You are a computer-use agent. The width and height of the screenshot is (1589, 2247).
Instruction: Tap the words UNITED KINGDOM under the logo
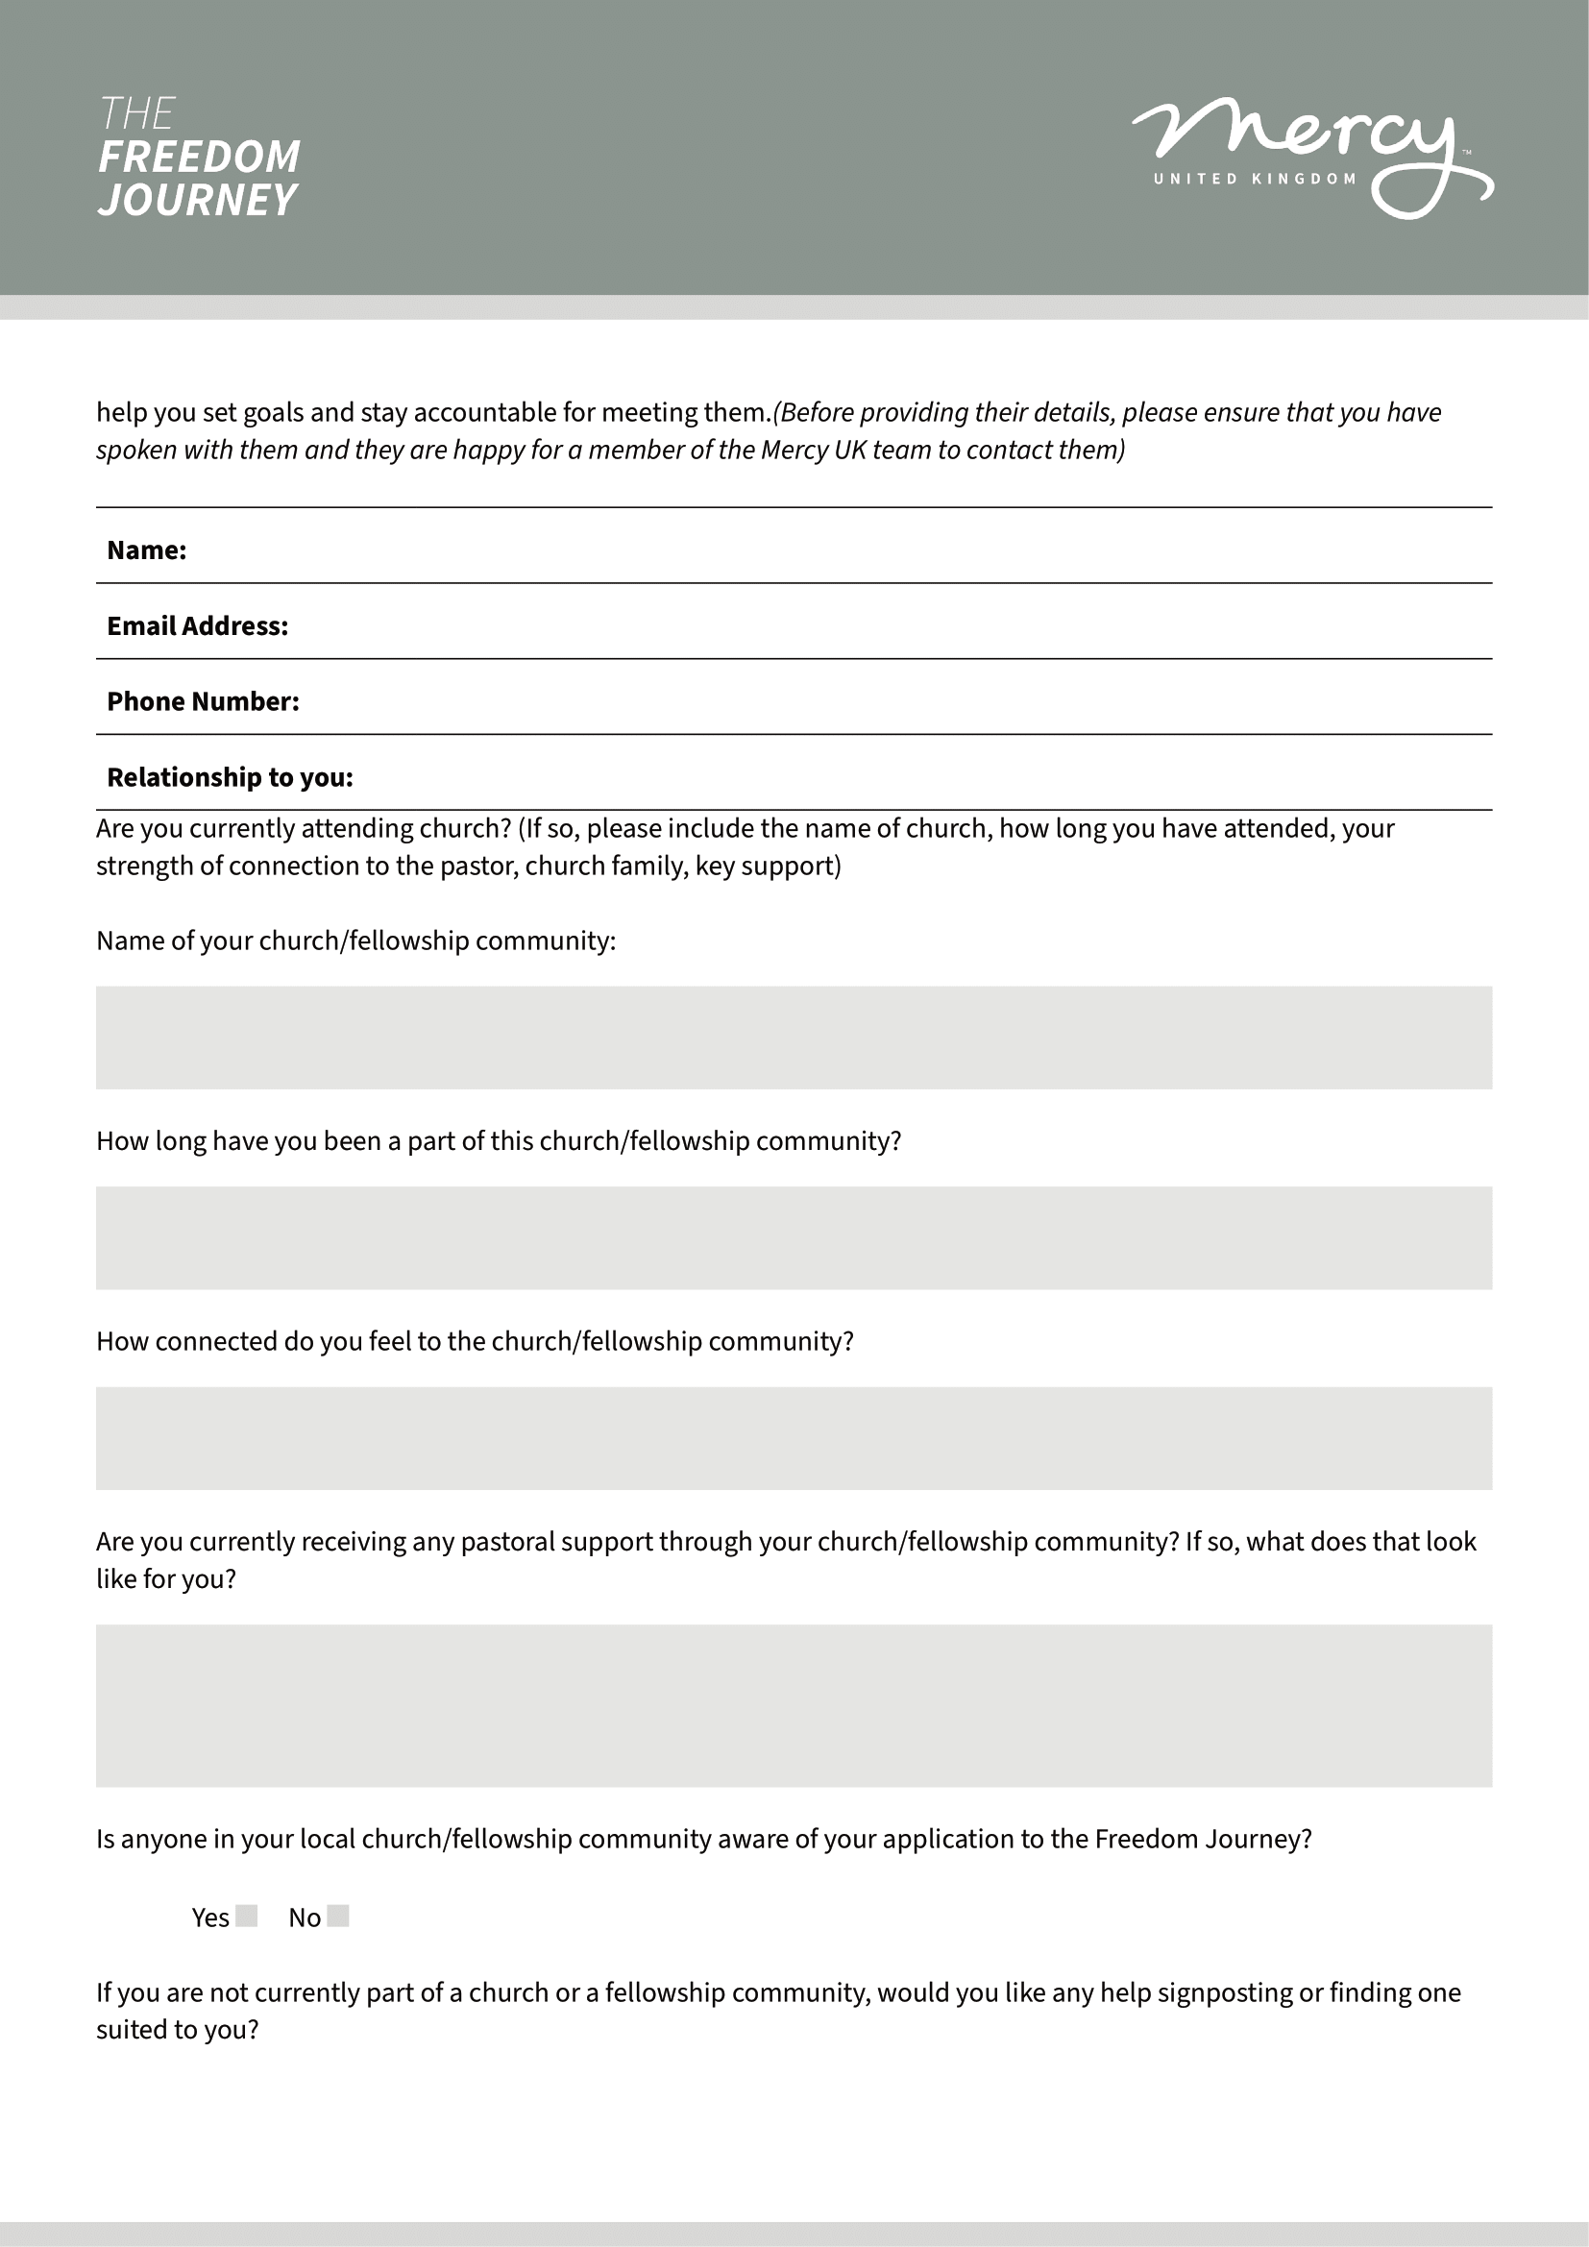[x=1255, y=179]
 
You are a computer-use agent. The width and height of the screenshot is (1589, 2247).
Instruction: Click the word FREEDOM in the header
[x=200, y=157]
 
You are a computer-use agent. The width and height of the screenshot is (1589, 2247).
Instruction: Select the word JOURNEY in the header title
[x=197, y=200]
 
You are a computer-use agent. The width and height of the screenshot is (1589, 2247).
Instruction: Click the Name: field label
[x=147, y=550]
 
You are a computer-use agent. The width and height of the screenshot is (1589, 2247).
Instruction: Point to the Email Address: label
[x=198, y=626]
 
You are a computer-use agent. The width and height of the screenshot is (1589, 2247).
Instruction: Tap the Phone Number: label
[x=203, y=701]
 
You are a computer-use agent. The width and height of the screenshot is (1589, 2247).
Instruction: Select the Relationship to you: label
[x=230, y=777]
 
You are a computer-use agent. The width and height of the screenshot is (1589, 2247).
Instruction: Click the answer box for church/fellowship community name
[x=794, y=1038]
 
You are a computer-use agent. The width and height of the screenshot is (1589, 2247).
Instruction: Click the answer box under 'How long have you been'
[x=794, y=1238]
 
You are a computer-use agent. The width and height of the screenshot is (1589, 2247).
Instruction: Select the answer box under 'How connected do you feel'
[x=794, y=1439]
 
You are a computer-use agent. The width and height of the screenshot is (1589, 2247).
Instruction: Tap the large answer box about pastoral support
[x=794, y=1706]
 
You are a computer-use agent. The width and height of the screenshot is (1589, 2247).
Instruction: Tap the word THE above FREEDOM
[x=137, y=113]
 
